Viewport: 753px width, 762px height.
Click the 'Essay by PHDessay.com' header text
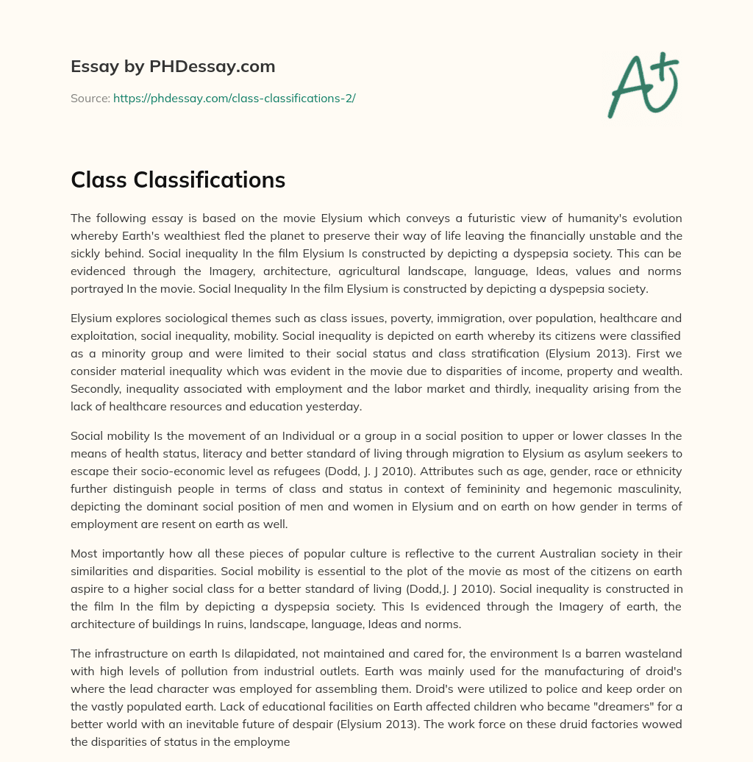[x=173, y=67]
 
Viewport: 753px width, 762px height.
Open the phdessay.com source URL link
[x=234, y=98]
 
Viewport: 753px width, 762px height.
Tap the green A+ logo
[x=642, y=85]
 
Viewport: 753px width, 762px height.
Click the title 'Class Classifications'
[x=178, y=179]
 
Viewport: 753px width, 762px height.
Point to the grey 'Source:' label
[x=90, y=98]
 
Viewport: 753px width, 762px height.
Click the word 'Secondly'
[x=93, y=388]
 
